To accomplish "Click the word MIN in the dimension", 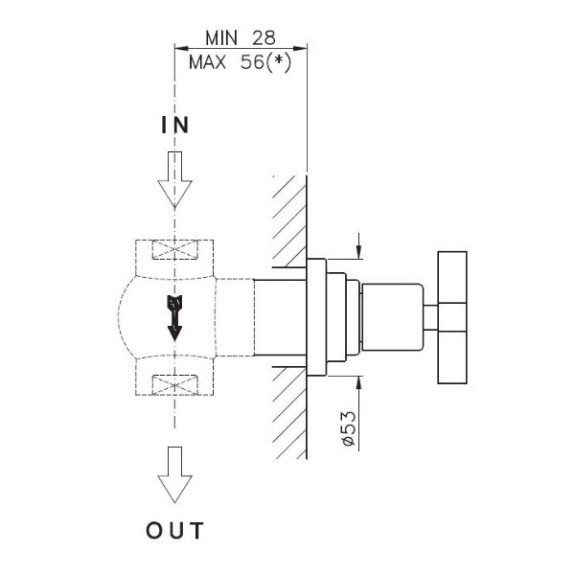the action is pyautogui.click(x=221, y=38).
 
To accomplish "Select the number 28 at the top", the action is pyautogui.click(x=264, y=38).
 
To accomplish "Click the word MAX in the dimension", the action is pyautogui.click(x=207, y=62).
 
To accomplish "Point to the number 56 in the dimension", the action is pyautogui.click(x=252, y=62).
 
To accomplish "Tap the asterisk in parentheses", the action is pyautogui.click(x=278, y=61).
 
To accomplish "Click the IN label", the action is pyautogui.click(x=175, y=125).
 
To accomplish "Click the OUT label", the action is pyautogui.click(x=174, y=530).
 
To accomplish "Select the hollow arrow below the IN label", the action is pyautogui.click(x=175, y=180).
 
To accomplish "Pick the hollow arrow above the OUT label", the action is pyautogui.click(x=175, y=475).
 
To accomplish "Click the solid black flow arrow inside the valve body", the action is pyautogui.click(x=174, y=317).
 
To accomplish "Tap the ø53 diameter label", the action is pyautogui.click(x=349, y=428).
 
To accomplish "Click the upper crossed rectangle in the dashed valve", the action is pyautogui.click(x=175, y=250).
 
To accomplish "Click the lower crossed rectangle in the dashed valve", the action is pyautogui.click(x=175, y=385).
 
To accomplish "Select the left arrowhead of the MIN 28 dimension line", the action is pyautogui.click(x=181, y=48).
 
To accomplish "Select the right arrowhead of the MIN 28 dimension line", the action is pyautogui.click(x=300, y=48).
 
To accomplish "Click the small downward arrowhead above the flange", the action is pyautogui.click(x=359, y=251).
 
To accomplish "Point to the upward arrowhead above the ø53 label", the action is pyautogui.click(x=359, y=382).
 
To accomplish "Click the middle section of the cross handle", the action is pyautogui.click(x=452, y=317).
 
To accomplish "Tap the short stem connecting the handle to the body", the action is pyautogui.click(x=430, y=317).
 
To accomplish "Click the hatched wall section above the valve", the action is pyautogui.click(x=289, y=220).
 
